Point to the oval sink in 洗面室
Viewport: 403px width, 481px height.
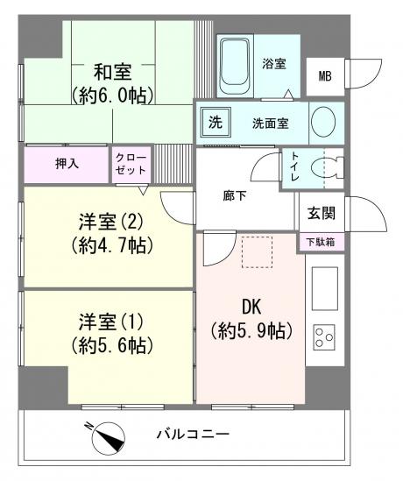(322, 121)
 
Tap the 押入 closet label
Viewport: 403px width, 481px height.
(67, 163)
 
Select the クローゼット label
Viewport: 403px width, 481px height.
(131, 163)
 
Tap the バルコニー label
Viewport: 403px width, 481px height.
(194, 434)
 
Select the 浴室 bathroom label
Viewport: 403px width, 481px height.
(273, 63)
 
